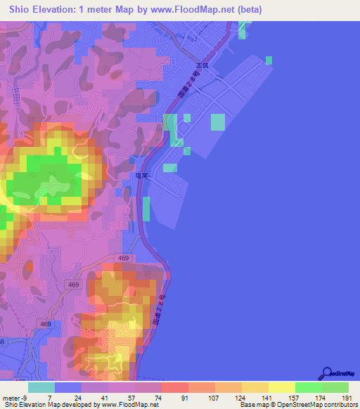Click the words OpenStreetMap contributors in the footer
319,405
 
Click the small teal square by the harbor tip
268,61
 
